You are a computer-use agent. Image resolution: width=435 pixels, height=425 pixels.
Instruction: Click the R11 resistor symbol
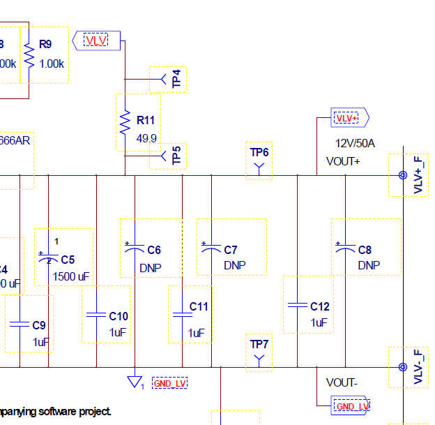[x=125, y=122]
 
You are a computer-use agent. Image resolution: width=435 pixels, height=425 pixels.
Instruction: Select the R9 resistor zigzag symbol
[x=29, y=55]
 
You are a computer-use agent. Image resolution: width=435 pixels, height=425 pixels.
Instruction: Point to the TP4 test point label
[x=178, y=79]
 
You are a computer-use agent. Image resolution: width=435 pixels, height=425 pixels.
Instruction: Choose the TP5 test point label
[x=177, y=156]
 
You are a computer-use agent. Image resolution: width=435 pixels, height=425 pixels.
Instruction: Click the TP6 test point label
[x=259, y=151]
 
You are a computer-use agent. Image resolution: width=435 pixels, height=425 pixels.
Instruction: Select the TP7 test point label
[x=259, y=345]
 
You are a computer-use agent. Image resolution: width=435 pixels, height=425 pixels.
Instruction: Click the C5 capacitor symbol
[x=48, y=259]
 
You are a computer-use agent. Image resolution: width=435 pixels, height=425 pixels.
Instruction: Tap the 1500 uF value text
[x=71, y=276]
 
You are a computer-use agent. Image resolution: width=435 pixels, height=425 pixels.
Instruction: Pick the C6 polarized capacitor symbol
[x=134, y=248]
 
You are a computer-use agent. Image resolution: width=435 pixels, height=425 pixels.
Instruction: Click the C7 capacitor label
[x=231, y=250]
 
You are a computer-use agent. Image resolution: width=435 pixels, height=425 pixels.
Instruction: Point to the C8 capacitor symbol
[x=345, y=248]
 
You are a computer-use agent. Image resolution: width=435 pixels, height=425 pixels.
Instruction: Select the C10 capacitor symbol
[x=96, y=315]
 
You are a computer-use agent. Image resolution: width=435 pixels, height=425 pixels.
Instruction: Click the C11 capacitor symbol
[x=182, y=315]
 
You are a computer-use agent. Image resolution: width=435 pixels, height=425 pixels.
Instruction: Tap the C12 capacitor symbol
[x=298, y=305]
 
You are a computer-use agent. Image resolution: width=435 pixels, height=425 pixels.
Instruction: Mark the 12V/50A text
[x=356, y=143]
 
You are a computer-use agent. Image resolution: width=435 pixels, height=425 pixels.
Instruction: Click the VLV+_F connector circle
[x=402, y=175]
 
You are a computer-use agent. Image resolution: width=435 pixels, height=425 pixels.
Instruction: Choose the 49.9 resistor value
[x=146, y=137]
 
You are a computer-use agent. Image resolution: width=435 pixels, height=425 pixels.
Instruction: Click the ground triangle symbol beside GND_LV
[x=134, y=382]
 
